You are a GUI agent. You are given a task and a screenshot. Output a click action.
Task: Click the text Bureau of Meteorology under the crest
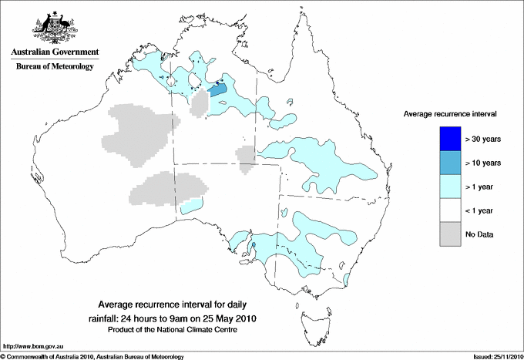[55, 67]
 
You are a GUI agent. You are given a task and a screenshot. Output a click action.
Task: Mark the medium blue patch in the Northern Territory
[218, 89]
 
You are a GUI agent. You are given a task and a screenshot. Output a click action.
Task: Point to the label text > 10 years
[484, 163]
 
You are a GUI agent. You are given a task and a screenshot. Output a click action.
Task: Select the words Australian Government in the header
[55, 53]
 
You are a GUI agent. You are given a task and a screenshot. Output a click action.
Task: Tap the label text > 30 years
[484, 140]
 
